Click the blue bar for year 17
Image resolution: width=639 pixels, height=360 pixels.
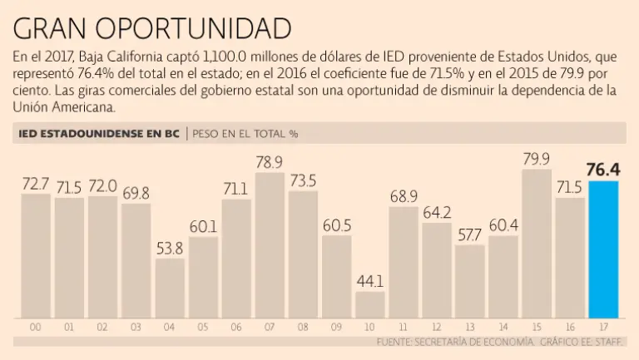tap(603, 249)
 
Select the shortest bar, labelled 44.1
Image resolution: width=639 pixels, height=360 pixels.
tap(369, 304)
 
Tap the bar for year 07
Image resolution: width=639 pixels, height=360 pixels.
tap(270, 245)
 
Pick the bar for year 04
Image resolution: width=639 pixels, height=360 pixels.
tap(170, 288)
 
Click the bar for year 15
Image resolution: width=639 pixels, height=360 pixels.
tap(536, 244)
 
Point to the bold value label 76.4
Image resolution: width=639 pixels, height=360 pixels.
tap(604, 170)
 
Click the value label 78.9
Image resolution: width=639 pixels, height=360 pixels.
tap(270, 160)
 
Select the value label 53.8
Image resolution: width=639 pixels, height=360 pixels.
tap(170, 248)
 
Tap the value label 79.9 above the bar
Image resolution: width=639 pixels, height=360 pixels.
tap(536, 159)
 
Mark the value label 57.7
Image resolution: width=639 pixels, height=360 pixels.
tap(469, 234)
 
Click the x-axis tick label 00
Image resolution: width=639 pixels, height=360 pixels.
tap(36, 327)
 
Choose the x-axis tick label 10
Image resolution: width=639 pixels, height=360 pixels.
tap(369, 327)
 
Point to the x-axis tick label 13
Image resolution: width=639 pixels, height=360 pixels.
tap(469, 327)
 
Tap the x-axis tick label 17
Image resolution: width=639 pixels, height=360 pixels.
tap(603, 327)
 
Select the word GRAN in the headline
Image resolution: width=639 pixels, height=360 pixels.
tap(52, 28)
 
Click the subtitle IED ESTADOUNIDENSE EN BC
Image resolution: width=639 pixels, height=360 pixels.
tap(98, 133)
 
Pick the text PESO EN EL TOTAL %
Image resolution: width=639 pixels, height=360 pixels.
tap(245, 133)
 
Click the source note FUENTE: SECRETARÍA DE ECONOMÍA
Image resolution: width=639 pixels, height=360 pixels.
tap(454, 342)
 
